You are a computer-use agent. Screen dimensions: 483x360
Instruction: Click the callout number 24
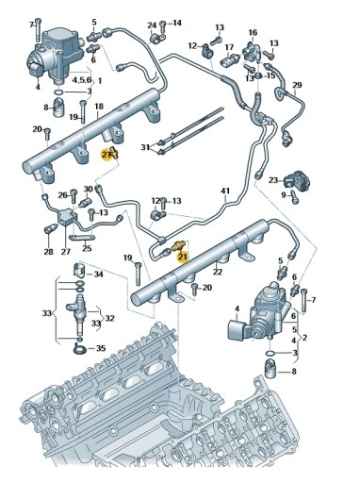(x=152, y=25)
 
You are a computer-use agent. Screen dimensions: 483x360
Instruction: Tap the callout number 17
(x=228, y=46)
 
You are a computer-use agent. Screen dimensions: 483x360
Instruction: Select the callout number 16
(x=253, y=33)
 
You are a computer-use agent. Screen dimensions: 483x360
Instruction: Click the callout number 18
(x=98, y=108)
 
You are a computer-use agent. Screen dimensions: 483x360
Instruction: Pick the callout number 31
(x=145, y=147)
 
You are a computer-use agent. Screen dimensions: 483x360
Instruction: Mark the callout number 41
(x=225, y=192)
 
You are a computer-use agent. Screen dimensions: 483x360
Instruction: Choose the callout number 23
(x=272, y=179)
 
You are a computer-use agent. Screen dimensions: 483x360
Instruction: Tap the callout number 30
(x=87, y=189)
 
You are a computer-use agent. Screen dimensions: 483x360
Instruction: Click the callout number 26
(x=64, y=195)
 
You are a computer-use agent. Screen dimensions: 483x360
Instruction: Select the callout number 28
(x=48, y=252)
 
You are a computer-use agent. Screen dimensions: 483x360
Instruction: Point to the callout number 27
(x=66, y=252)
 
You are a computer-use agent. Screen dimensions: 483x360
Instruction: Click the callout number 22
(x=217, y=272)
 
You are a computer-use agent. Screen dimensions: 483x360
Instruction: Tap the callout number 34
(x=98, y=274)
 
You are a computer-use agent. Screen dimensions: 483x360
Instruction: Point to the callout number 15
(x=270, y=75)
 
